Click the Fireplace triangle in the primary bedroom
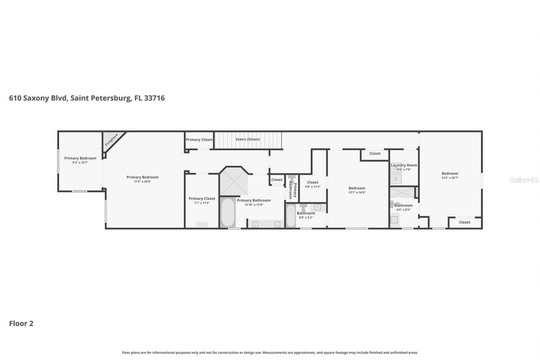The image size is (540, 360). point(112,139)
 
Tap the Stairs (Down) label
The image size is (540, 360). point(248,139)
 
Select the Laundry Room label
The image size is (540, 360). point(404,165)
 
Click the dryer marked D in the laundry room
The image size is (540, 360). point(396,179)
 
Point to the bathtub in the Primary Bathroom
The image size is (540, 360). point(227,212)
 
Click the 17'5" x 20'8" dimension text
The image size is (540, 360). point(143,181)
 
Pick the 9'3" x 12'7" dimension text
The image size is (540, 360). point(80,162)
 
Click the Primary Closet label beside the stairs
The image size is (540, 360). point(199,140)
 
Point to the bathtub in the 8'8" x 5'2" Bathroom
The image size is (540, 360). point(291,216)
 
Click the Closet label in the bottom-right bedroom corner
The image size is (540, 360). point(464,222)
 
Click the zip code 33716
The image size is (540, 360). point(154,98)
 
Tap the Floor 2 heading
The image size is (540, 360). point(21,324)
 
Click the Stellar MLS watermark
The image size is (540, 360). point(524,180)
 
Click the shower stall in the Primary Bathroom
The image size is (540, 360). point(233,181)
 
